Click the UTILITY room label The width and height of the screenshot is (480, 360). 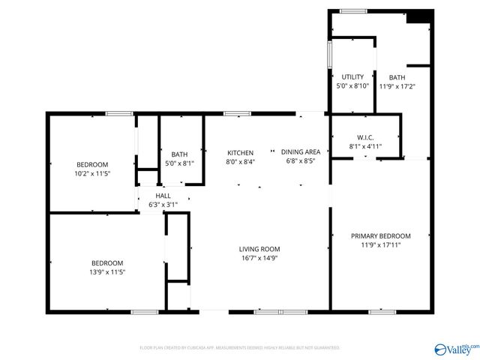(x=352, y=76)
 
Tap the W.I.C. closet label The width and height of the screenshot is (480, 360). (x=365, y=137)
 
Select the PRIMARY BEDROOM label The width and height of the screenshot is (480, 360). (x=381, y=235)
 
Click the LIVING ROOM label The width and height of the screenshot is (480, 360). (x=259, y=249)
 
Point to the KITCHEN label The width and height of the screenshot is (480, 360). (x=240, y=152)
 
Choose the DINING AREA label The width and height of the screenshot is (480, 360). (x=301, y=152)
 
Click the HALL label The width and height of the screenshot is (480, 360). (x=163, y=195)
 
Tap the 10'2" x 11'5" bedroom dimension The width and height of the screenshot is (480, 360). (x=92, y=173)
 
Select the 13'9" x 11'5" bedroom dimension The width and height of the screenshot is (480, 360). (x=107, y=271)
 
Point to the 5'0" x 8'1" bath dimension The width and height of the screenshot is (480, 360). (x=179, y=163)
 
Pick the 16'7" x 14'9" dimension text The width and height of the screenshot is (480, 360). (x=259, y=258)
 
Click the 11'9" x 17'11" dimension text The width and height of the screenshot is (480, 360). (x=381, y=244)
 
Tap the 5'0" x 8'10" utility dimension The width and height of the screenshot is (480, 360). (x=352, y=85)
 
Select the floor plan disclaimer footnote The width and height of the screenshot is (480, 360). (x=240, y=348)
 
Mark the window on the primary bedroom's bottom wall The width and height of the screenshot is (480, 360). (x=382, y=310)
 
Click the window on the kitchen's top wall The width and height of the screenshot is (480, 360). (x=237, y=113)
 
